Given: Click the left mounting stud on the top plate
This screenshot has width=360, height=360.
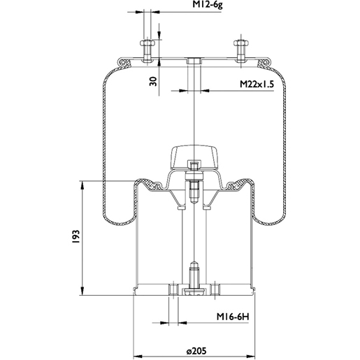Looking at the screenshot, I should [x=148, y=50].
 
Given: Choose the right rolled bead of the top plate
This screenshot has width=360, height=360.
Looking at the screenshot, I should [x=266, y=63].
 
